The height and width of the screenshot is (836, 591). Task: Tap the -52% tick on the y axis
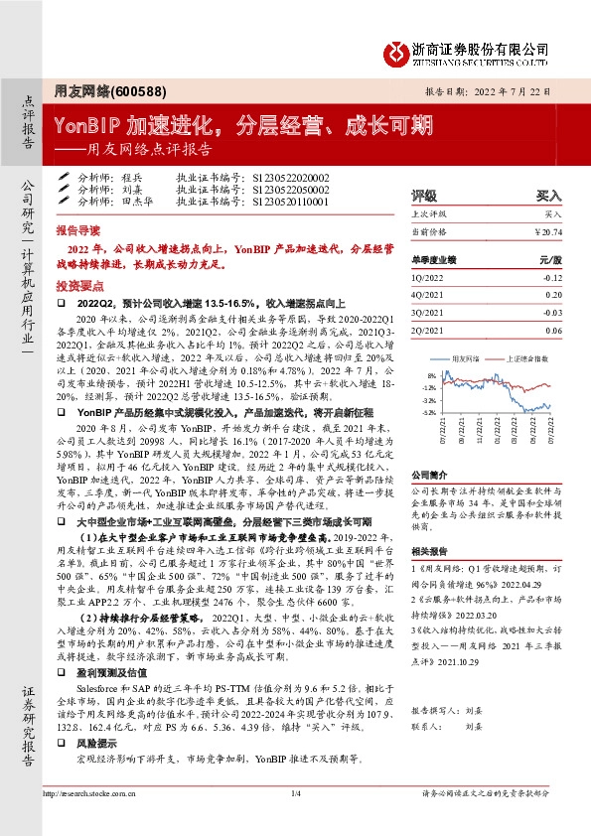[429, 412]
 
